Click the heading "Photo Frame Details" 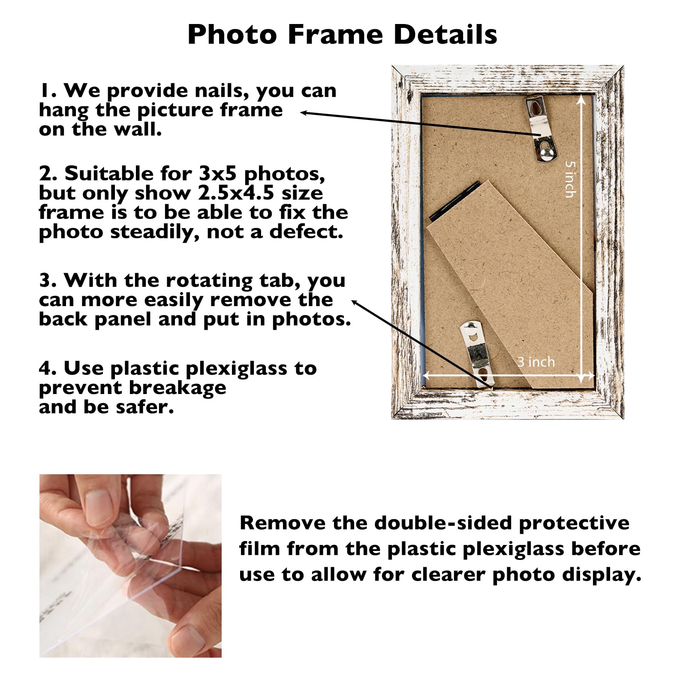[x=342, y=34]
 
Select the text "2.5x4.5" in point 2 [x=236, y=193]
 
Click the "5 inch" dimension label [x=570, y=179]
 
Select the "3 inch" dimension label [x=536, y=362]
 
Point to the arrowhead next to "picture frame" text [x=304, y=113]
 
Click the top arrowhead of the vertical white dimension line [x=581, y=99]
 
